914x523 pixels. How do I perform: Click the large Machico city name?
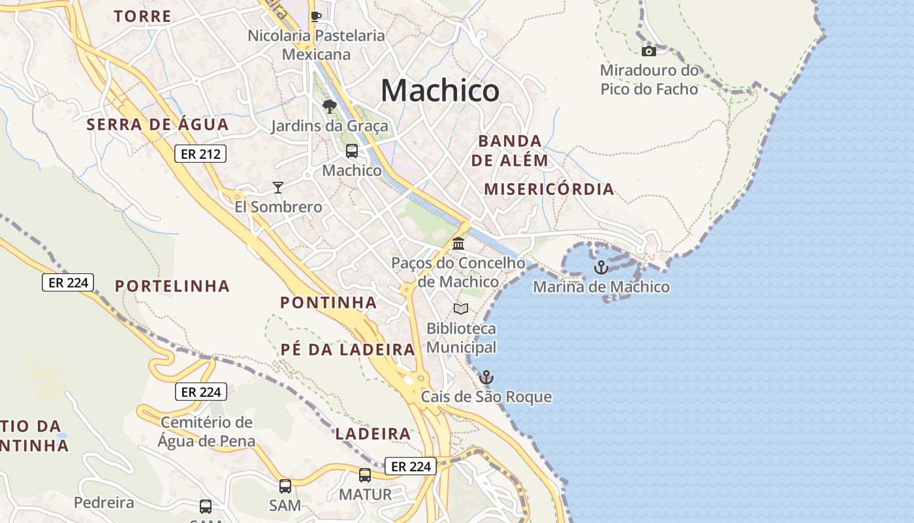(440, 90)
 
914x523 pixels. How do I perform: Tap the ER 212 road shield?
(200, 154)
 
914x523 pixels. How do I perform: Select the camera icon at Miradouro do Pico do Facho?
(648, 51)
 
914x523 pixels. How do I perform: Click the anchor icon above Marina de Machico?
(601, 267)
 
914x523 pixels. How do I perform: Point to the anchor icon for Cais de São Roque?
(486, 377)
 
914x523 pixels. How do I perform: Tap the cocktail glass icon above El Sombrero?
(278, 188)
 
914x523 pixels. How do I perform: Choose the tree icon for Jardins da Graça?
(329, 106)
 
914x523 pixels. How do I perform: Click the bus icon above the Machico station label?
(351, 151)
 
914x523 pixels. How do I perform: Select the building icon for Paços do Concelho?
(458, 243)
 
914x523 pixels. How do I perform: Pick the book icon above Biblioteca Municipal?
(461, 309)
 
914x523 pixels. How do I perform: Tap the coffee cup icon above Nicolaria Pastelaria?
(316, 16)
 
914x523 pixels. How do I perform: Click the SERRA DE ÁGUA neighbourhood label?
(158, 124)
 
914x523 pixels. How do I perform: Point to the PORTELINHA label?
(172, 286)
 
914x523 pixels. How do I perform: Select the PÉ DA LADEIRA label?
(348, 350)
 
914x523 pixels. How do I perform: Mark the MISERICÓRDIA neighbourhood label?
(549, 190)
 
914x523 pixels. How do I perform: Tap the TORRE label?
(143, 16)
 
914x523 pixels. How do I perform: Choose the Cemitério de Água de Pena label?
(206, 431)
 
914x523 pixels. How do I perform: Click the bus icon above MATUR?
(365, 475)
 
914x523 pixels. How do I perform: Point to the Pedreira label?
(104, 503)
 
